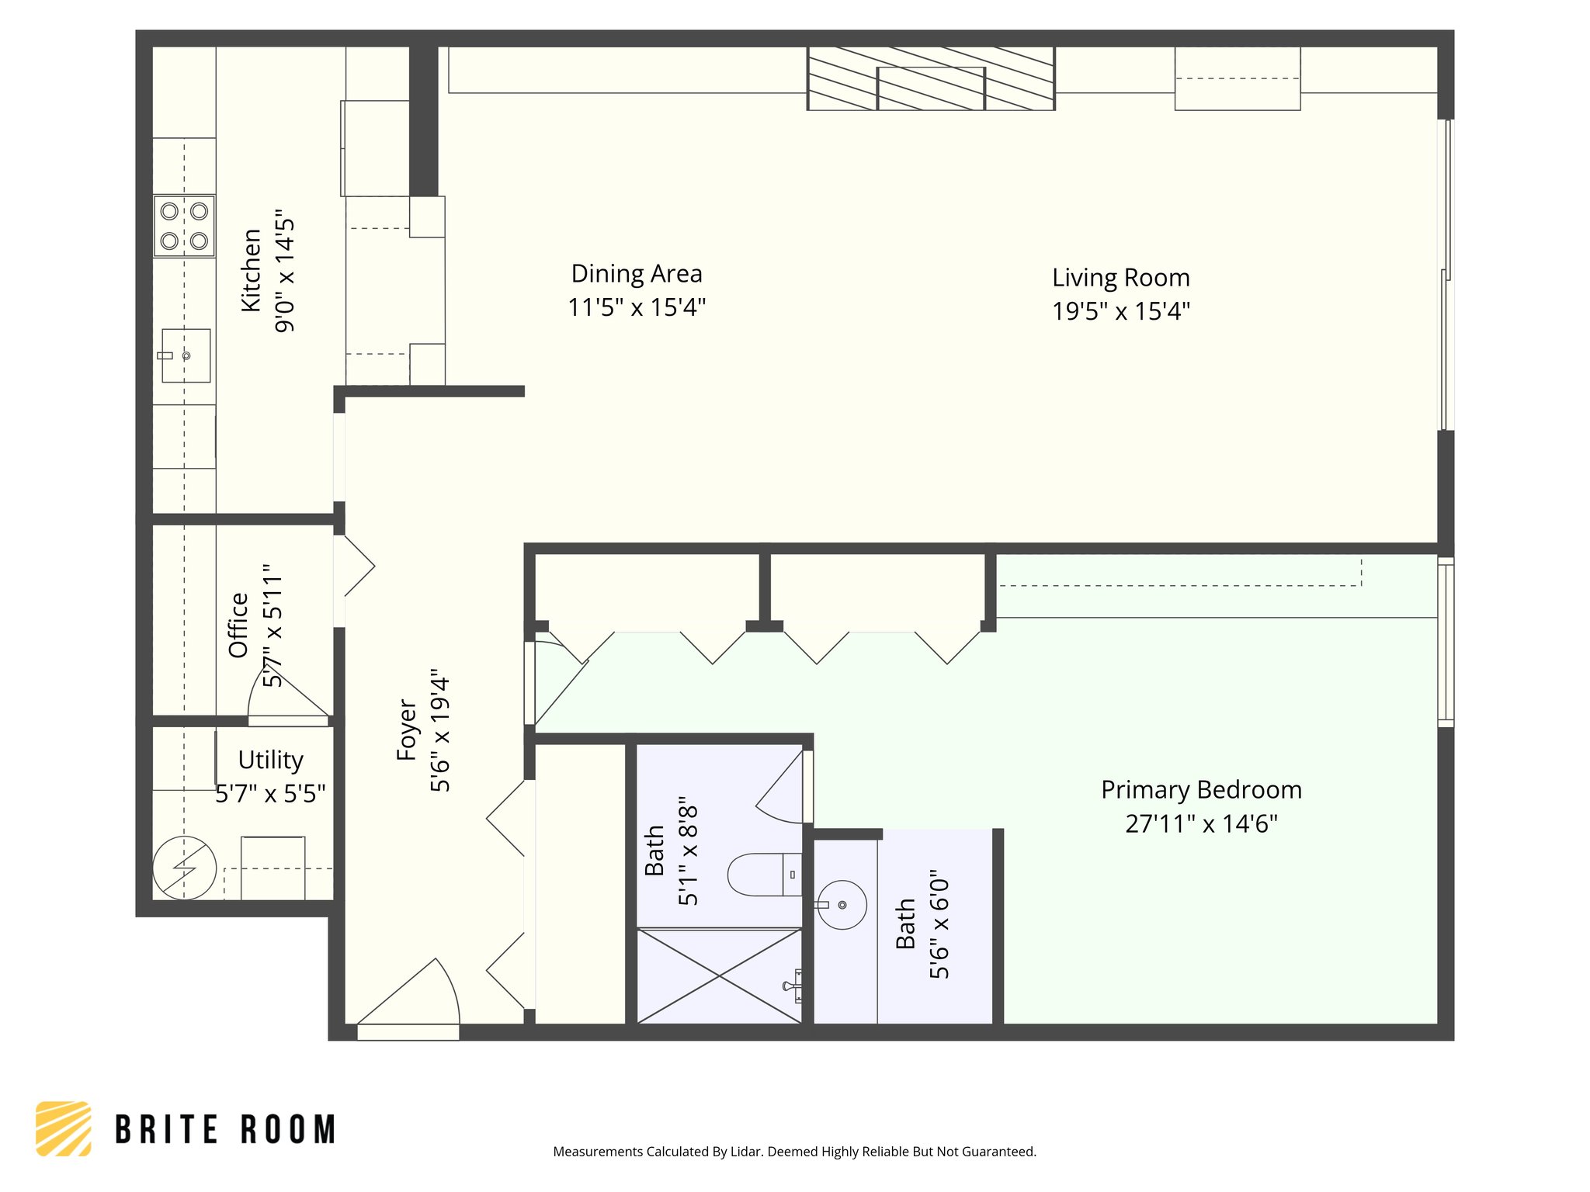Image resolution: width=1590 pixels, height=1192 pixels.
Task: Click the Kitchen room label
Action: (x=251, y=271)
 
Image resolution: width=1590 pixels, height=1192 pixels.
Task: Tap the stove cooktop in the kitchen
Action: (x=184, y=226)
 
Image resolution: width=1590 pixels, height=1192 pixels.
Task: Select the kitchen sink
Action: (x=186, y=355)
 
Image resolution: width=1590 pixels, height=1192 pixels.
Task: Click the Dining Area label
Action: (x=637, y=274)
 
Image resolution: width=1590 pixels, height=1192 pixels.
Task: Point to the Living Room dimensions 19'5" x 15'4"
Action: (x=1121, y=311)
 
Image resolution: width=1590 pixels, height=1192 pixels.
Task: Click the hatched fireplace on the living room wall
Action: (x=931, y=78)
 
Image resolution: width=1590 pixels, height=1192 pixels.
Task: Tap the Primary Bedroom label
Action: (x=1201, y=790)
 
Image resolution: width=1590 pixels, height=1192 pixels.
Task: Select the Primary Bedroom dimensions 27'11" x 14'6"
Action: (x=1201, y=823)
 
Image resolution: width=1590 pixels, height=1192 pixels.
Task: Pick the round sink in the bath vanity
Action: (x=842, y=905)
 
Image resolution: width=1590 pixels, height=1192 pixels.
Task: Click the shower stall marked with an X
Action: (x=720, y=975)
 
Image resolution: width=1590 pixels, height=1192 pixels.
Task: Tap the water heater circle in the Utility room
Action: (x=184, y=868)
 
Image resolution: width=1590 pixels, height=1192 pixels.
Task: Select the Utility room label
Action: (x=270, y=760)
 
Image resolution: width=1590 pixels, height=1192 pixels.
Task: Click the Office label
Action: (x=238, y=625)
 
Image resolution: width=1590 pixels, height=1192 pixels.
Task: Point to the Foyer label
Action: (x=407, y=729)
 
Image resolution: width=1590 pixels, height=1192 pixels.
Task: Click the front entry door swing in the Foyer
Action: (x=408, y=993)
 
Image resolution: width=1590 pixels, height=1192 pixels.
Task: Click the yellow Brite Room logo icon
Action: (x=64, y=1128)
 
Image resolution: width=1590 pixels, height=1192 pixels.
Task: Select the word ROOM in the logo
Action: (x=288, y=1129)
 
